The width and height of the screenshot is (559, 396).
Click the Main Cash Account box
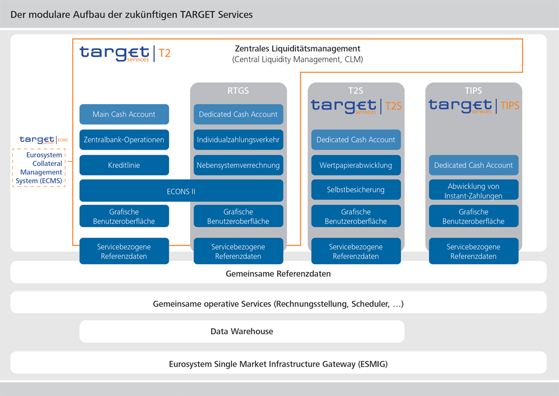click(124, 114)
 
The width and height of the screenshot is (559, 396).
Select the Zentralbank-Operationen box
click(124, 139)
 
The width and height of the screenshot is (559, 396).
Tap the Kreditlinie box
click(124, 165)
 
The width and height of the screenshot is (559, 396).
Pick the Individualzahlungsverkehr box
click(238, 139)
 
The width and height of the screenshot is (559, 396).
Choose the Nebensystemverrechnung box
click(238, 165)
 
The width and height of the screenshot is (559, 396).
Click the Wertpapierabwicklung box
click(356, 165)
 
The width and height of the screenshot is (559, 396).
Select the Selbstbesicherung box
click(356, 190)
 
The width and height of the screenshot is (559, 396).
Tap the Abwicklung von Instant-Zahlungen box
click(473, 190)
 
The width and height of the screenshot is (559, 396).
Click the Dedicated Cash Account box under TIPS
click(473, 165)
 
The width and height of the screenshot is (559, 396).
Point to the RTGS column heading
click(238, 91)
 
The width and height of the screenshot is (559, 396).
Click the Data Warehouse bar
click(241, 332)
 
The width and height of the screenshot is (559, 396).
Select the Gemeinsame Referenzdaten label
click(278, 274)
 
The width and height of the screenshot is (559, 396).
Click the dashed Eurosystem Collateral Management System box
click(39, 168)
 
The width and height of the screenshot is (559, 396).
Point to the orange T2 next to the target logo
click(164, 53)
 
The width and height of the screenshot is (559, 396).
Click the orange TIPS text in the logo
click(510, 106)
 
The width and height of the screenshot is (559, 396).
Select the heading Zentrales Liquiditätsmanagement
click(297, 49)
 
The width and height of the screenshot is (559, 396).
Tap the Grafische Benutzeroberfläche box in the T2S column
click(356, 216)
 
